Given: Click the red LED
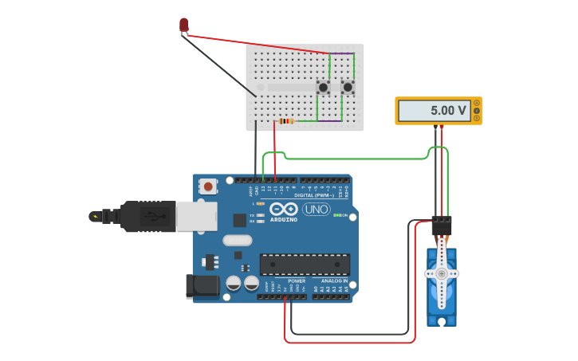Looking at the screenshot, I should click(184, 26).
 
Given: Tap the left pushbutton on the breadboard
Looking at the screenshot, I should click(324, 87).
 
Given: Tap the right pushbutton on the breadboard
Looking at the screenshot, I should click(348, 87).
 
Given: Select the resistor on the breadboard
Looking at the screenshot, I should click(286, 121).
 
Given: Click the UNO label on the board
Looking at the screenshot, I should click(316, 210).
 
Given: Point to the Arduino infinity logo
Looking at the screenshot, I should click(283, 209).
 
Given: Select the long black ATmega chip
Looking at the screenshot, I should click(305, 265).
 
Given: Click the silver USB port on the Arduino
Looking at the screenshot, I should click(196, 217).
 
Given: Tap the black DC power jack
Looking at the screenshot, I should click(202, 286).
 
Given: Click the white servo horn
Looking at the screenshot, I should click(441, 273).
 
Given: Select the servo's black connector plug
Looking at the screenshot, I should click(441, 227).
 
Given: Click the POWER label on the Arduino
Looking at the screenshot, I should click(297, 281).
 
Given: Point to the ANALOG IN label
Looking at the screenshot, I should click(334, 281).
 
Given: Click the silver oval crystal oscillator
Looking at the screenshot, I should click(237, 240).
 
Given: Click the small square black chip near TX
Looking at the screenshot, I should click(239, 220).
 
